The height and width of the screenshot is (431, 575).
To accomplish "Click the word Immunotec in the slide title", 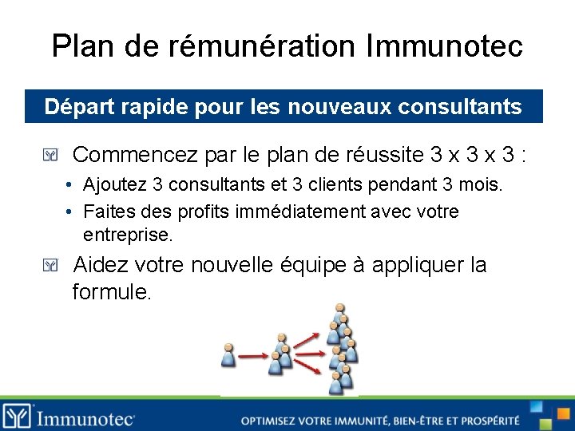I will (444, 45).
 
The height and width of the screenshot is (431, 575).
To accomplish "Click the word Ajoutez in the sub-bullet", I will (115, 185).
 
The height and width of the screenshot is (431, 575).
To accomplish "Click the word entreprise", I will (128, 235).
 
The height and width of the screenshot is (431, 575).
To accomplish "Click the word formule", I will (111, 292).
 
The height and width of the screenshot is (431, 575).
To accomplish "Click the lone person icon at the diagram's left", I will (229, 356).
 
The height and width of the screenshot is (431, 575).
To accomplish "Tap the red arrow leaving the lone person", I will (253, 355).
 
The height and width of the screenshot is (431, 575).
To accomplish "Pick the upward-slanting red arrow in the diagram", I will (307, 339).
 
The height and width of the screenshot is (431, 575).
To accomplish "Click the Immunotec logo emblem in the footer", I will (17, 415).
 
